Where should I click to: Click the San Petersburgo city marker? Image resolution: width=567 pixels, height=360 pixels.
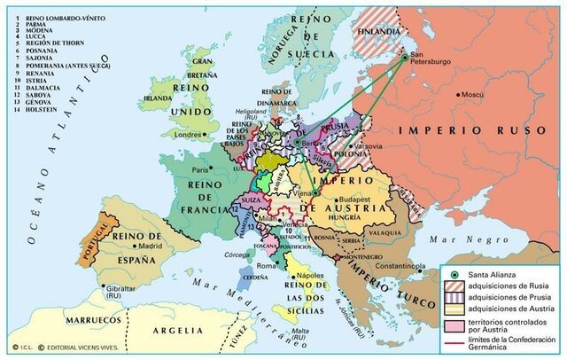[405, 58]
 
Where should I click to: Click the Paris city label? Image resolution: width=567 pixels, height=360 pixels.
[200, 169]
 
